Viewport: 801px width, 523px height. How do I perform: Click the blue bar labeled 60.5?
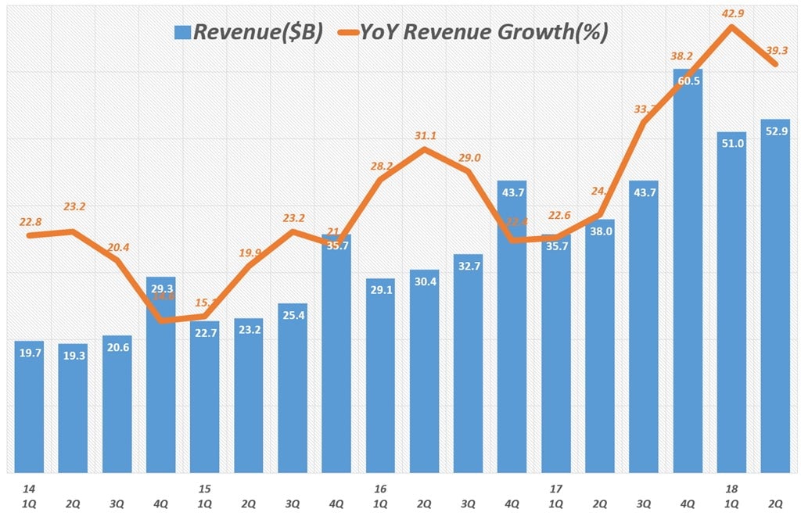(x=688, y=274)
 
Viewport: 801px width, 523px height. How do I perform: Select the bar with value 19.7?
(x=29, y=407)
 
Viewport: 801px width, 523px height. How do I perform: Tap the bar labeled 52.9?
(x=775, y=297)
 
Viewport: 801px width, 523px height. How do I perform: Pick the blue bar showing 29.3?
(x=160, y=375)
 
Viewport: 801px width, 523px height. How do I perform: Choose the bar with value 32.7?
(x=468, y=364)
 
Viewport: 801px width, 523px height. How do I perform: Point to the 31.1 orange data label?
(x=424, y=135)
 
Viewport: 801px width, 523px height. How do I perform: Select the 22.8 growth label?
(x=29, y=222)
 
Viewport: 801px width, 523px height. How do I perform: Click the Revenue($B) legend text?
(x=257, y=32)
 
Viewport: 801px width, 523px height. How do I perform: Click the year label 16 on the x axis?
(x=380, y=489)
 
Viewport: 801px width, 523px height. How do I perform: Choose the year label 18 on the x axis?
(x=731, y=489)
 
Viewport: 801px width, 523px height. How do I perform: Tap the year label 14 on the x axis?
(x=29, y=489)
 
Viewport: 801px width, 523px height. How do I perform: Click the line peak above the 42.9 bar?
(x=731, y=27)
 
